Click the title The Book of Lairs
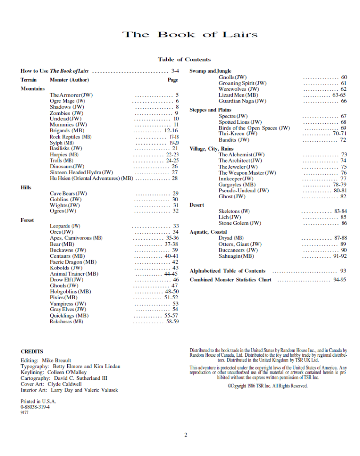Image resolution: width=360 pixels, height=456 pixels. [x=190, y=35]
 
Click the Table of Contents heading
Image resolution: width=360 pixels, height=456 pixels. [x=184, y=59]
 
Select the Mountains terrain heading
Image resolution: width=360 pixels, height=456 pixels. [x=32, y=89]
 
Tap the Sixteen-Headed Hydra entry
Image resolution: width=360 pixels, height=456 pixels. [x=81, y=172]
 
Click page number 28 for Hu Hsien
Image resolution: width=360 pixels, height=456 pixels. [x=174, y=178]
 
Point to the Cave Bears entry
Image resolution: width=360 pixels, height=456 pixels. [x=69, y=193]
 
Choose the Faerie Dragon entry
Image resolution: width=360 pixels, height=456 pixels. [x=73, y=262]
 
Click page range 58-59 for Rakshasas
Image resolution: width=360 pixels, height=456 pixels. [x=172, y=321]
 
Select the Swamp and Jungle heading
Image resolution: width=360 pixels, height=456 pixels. [x=210, y=71]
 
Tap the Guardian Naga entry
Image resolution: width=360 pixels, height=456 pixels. [x=243, y=101]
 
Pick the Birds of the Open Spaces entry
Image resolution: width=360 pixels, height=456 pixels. [x=254, y=128]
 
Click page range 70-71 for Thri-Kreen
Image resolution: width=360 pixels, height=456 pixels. [x=340, y=134]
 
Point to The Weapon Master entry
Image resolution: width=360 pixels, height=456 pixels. [x=247, y=173]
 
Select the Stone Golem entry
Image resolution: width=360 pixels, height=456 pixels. [x=240, y=223]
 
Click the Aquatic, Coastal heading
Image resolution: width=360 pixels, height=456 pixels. [x=208, y=232]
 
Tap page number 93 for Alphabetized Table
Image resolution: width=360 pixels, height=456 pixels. [x=343, y=271]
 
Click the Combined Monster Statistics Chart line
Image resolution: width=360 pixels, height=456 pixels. [x=231, y=280]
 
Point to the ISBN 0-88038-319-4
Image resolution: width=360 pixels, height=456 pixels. [x=35, y=407]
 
